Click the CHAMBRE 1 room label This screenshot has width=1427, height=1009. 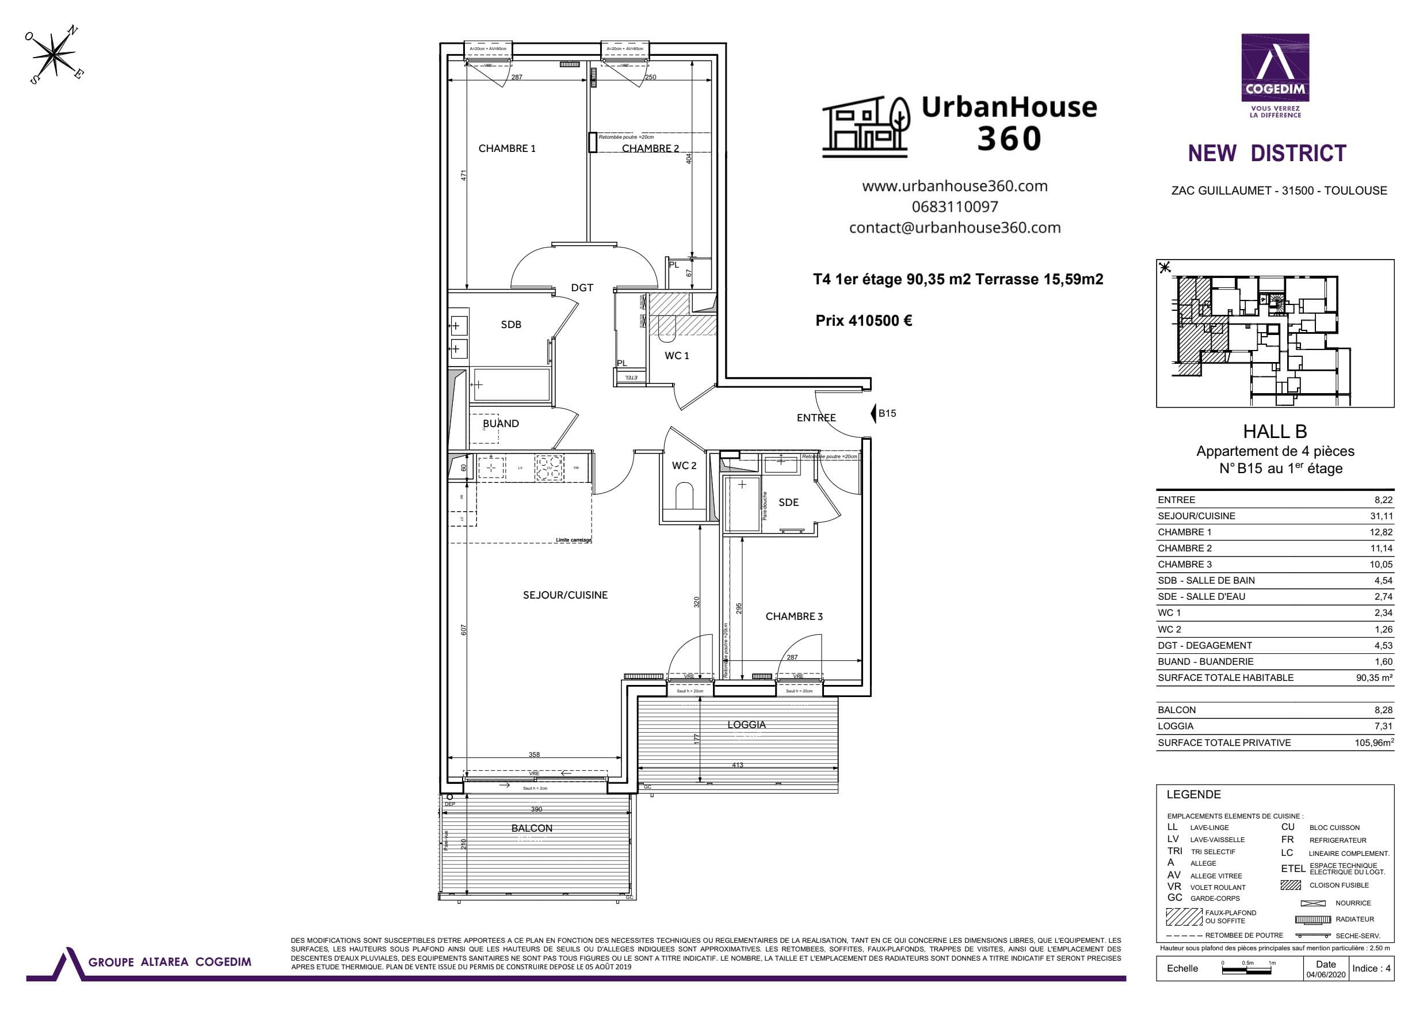pyautogui.click(x=506, y=149)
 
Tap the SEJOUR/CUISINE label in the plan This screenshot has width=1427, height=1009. pyautogui.click(x=565, y=595)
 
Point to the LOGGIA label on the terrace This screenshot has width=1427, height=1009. pyautogui.click(x=746, y=725)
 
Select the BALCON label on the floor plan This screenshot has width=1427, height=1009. pyautogui.click(x=532, y=828)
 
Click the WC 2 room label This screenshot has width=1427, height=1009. pyautogui.click(x=684, y=466)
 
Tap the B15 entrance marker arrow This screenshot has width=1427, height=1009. pyautogui.click(x=873, y=413)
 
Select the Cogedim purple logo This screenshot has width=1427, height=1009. pyautogui.click(x=1275, y=68)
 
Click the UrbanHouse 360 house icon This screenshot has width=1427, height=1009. pyautogui.click(x=867, y=127)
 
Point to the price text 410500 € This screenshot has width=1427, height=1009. pyautogui.click(x=863, y=321)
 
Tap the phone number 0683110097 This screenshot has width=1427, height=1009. pyautogui.click(x=955, y=207)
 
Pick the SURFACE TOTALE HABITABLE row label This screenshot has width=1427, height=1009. pyautogui.click(x=1225, y=677)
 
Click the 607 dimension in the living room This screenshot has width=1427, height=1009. pyautogui.click(x=464, y=630)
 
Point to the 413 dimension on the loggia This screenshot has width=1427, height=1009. pyautogui.click(x=737, y=766)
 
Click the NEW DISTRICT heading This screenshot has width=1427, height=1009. pyautogui.click(x=1266, y=154)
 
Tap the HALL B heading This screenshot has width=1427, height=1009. pyautogui.click(x=1275, y=432)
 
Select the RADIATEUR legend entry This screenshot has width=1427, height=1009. pyautogui.click(x=1354, y=919)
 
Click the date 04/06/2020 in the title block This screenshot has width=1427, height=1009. pyautogui.click(x=1326, y=975)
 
